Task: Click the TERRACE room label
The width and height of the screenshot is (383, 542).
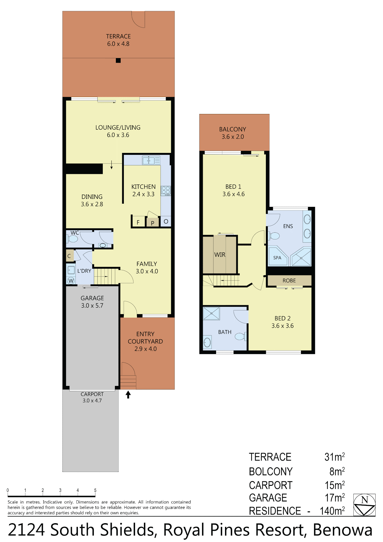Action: (x=118, y=36)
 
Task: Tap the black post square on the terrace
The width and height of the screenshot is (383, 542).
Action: (x=118, y=61)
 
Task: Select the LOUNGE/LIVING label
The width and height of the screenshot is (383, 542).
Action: (x=118, y=127)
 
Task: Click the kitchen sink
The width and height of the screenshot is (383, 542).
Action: (x=151, y=161)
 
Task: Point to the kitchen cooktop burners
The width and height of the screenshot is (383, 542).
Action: (x=166, y=191)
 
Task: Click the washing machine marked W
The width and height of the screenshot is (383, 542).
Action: (x=71, y=281)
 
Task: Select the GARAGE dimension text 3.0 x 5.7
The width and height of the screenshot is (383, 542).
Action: (x=92, y=305)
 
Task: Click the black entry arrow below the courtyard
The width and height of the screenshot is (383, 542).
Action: (x=128, y=395)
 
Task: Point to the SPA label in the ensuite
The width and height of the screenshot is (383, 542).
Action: (x=277, y=258)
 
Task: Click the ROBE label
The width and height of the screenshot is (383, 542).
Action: (x=289, y=281)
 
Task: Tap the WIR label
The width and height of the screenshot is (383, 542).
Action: (x=220, y=254)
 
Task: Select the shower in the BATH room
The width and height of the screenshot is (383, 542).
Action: (x=212, y=313)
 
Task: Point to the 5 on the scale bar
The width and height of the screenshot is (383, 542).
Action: (x=95, y=490)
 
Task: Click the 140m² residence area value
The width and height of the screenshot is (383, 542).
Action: (x=332, y=511)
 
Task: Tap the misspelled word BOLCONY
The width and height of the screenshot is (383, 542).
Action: (x=271, y=471)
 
